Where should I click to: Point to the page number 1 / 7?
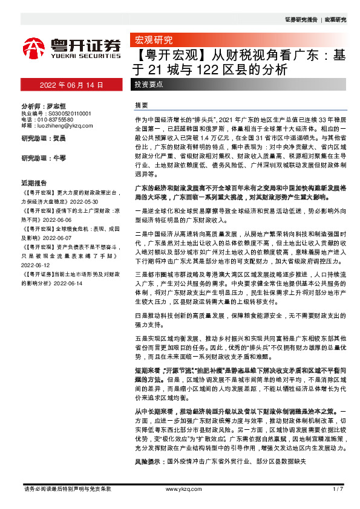338,488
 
